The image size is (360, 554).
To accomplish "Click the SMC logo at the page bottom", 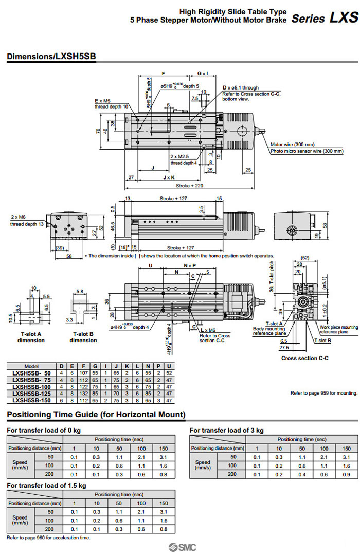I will tap(179, 547).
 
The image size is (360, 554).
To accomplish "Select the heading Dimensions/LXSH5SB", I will tap(51, 56).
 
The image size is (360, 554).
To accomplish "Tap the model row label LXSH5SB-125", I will tap(32, 393).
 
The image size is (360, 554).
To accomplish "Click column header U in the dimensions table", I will tap(169, 366).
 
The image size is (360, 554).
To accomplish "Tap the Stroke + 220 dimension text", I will tap(190, 185).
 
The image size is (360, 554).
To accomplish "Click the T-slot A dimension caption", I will tap(31, 337).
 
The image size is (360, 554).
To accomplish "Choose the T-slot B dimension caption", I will tap(83, 337).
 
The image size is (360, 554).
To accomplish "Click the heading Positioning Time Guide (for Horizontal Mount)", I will tap(96, 415).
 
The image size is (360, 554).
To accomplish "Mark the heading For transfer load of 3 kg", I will tap(226, 430).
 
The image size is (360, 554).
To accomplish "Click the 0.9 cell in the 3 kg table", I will tap(347, 474).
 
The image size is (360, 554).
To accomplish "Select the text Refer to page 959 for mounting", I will tap(323, 393).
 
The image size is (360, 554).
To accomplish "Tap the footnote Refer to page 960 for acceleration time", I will tap(48, 538).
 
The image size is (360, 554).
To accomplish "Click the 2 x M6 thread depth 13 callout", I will tap(27, 220).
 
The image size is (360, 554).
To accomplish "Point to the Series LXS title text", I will tap(325, 19).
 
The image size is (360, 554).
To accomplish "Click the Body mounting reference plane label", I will tap(268, 331).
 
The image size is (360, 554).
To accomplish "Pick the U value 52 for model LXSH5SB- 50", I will tap(169, 373).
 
